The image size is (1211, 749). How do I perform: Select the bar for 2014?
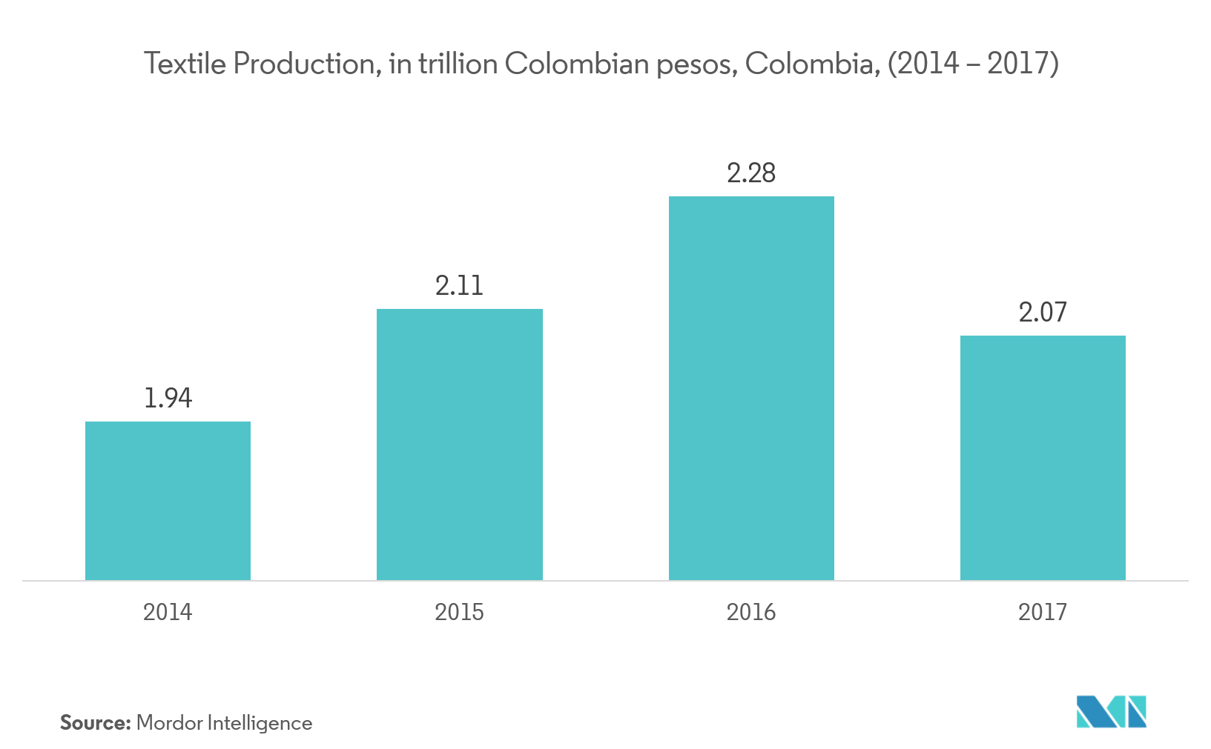click(x=168, y=501)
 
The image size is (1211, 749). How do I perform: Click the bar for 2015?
click(x=460, y=445)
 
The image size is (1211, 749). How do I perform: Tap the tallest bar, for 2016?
click(x=751, y=388)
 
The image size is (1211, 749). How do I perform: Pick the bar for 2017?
click(x=1043, y=458)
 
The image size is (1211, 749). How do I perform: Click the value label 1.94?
click(x=168, y=399)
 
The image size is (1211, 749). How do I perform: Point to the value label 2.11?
click(x=459, y=286)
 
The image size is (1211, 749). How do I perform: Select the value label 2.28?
click(x=751, y=173)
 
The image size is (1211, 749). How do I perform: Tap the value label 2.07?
click(x=1043, y=313)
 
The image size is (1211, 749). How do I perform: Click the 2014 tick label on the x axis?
click(x=168, y=612)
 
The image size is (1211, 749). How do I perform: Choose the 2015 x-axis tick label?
click(x=459, y=612)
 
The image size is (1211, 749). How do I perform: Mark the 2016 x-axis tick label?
click(x=751, y=612)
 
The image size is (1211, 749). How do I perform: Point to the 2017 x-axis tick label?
click(x=1043, y=612)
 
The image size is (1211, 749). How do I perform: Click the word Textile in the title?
click(x=185, y=64)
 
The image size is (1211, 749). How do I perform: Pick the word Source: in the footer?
click(x=95, y=723)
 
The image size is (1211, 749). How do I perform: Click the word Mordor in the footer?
click(x=169, y=723)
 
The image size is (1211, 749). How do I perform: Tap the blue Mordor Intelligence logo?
click(x=1112, y=711)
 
